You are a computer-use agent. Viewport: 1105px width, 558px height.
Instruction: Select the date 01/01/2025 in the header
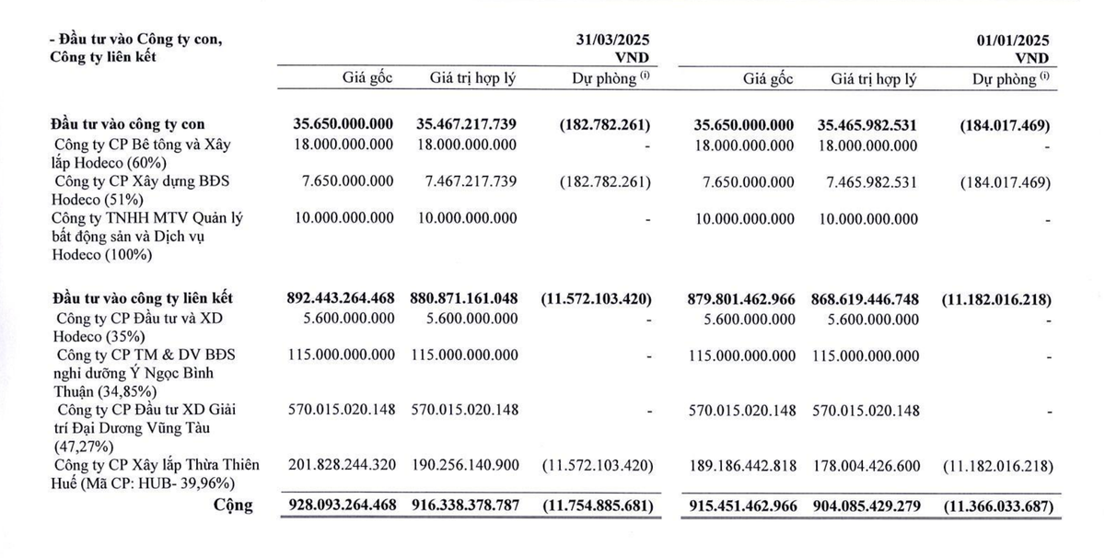coord(1013,41)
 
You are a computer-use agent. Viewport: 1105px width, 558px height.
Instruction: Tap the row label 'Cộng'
coord(232,505)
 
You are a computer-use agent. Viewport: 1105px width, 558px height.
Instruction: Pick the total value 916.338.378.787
coord(460,506)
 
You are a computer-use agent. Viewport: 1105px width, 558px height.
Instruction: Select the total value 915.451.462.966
coord(741,506)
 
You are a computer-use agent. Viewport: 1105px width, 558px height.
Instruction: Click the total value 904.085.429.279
coord(865,506)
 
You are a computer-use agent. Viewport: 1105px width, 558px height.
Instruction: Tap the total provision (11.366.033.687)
coord(997,506)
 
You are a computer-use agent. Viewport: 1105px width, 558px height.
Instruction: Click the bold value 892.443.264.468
coord(341,298)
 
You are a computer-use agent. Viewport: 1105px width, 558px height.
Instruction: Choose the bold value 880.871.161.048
coord(460,298)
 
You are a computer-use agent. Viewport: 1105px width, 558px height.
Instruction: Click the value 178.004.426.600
coord(865,466)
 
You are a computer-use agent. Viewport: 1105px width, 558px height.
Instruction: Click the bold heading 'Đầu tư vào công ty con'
coord(128,123)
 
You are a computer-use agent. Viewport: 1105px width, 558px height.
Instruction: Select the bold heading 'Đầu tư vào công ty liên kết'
coord(142,298)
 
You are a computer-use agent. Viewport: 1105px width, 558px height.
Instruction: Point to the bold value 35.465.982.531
coord(865,124)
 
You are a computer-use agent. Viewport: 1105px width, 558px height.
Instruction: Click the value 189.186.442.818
coord(742,466)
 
